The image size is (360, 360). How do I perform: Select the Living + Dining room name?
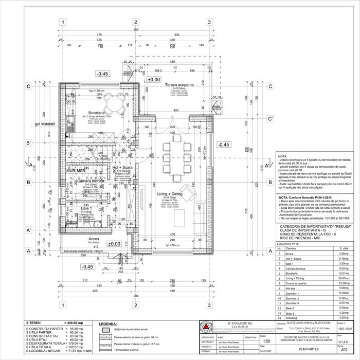tap(170, 194)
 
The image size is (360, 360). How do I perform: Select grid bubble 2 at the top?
tap(136, 23)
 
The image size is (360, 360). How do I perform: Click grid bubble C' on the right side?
tap(271, 119)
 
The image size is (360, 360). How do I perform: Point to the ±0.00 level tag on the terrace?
tap(154, 80)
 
